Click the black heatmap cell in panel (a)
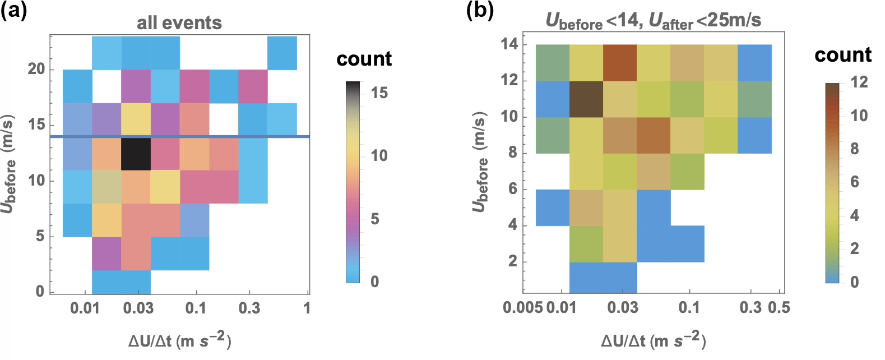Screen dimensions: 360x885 pyautogui.click(x=136, y=154)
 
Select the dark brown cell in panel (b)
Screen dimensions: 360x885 pyautogui.click(x=586, y=99)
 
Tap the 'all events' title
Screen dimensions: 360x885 pyautogui.click(x=179, y=23)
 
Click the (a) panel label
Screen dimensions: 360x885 pyautogui.click(x=13, y=11)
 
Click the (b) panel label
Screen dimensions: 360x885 pyautogui.click(x=480, y=11)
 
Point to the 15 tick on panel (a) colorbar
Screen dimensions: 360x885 pyautogui.click(x=379, y=93)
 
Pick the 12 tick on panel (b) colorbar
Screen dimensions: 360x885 pyautogui.click(x=859, y=82)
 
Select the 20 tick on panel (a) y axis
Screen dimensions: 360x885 pyautogui.click(x=36, y=69)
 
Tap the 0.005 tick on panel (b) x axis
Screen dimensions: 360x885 pyautogui.click(x=522, y=307)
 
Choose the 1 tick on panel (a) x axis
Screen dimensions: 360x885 pyautogui.click(x=307, y=308)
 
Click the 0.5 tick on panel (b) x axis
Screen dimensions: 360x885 pyautogui.click(x=779, y=307)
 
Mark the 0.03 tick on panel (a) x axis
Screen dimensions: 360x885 pyautogui.click(x=138, y=308)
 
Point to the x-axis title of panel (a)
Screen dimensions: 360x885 pyautogui.click(x=179, y=340)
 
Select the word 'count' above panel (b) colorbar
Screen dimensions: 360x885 pyautogui.click(x=843, y=54)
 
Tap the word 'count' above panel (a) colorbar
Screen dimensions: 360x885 pyautogui.click(x=364, y=58)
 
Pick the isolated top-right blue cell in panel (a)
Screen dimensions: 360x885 pyautogui.click(x=282, y=53)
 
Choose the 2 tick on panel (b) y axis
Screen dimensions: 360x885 pyautogui.click(x=512, y=261)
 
